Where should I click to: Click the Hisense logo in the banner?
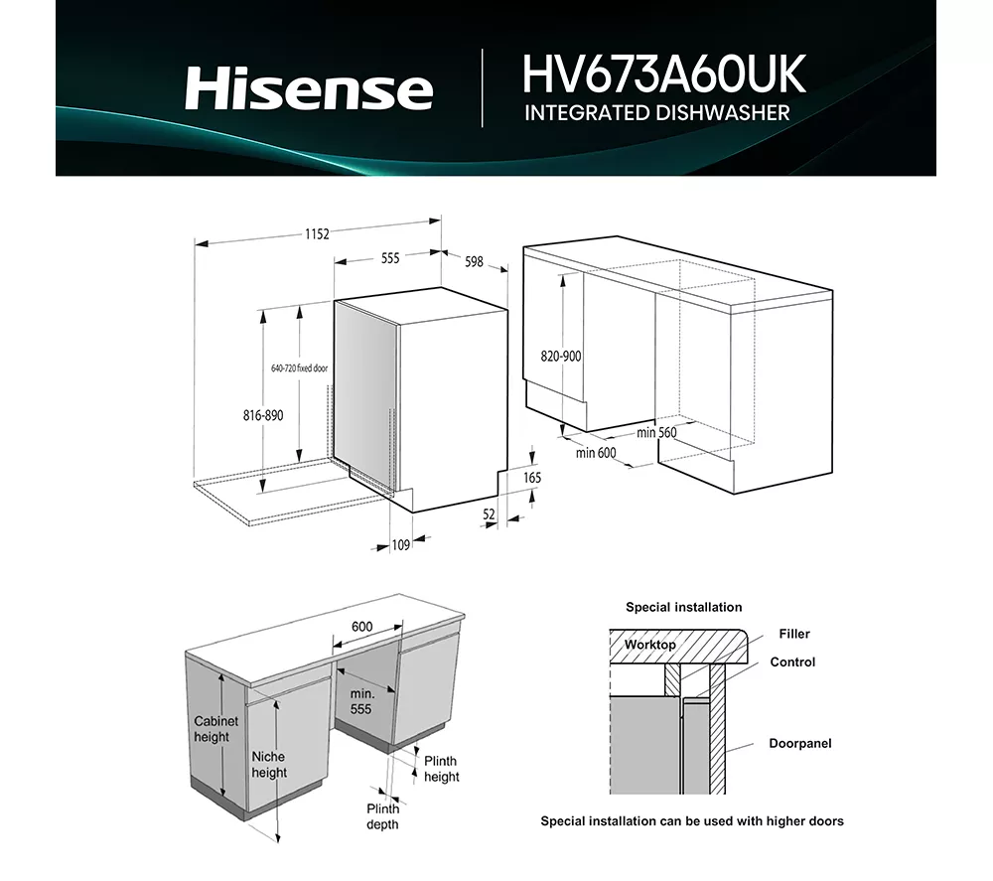coord(309,88)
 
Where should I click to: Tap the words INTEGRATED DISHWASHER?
coord(656,112)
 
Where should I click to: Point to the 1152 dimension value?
coord(316,234)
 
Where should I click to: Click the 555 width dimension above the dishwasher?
coord(389,258)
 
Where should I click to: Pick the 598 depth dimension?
coord(474,262)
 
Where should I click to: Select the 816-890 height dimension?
coord(262,415)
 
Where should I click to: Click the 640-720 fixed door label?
coord(299,368)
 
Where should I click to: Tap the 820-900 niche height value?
coord(561,357)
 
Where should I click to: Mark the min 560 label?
coord(656,432)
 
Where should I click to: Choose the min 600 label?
coord(596,453)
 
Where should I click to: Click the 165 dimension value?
coord(532,478)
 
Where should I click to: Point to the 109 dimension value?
coord(401,543)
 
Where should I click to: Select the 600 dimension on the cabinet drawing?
coord(361,627)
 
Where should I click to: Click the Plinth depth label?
coord(382,816)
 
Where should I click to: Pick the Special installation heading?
coord(683,607)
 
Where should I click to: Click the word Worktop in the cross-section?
coord(649,645)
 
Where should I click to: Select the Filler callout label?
coord(794,634)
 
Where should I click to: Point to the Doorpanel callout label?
coord(800,743)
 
